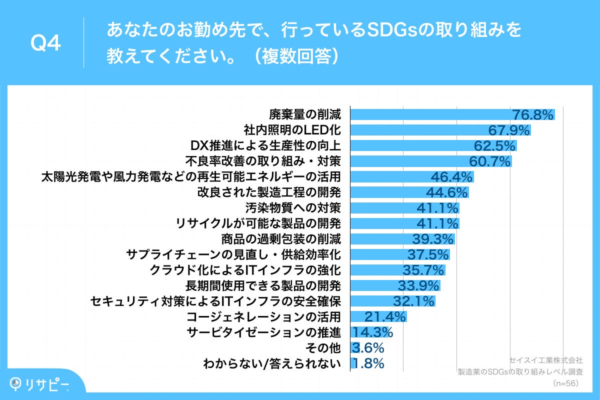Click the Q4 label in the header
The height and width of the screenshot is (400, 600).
(x=46, y=44)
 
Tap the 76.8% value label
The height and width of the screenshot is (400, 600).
(x=533, y=115)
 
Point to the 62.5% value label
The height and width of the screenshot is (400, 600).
(x=494, y=146)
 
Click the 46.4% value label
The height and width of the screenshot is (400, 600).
(x=452, y=176)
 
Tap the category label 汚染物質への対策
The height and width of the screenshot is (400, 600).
(x=293, y=207)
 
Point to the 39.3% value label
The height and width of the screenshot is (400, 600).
(x=433, y=238)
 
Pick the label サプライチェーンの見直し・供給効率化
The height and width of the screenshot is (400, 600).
(x=235, y=254)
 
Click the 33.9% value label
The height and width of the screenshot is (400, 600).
(x=418, y=285)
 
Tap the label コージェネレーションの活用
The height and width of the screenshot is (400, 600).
(x=263, y=316)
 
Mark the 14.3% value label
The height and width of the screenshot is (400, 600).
(x=372, y=332)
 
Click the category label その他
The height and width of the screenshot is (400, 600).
(x=328, y=347)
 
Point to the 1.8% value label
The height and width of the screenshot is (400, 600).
(x=368, y=363)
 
